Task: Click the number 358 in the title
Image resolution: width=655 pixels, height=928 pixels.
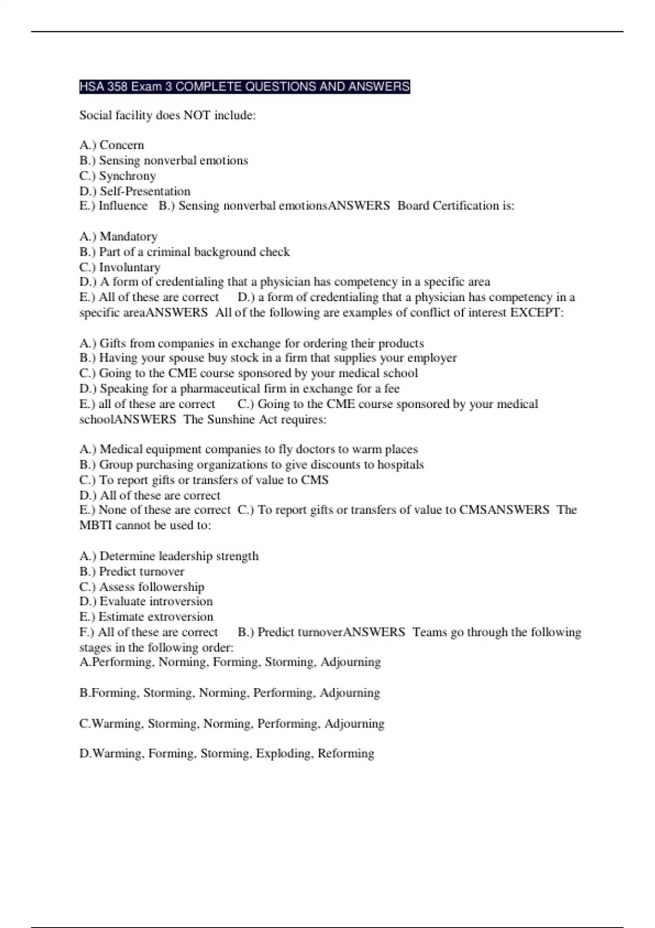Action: [116, 87]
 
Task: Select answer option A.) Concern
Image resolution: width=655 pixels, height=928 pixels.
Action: [112, 145]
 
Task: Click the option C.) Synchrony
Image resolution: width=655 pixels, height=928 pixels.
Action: [117, 176]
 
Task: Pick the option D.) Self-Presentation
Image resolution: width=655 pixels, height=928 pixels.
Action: [135, 191]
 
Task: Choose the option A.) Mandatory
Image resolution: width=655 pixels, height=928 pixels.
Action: [118, 236]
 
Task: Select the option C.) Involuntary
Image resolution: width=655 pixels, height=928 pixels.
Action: [120, 267]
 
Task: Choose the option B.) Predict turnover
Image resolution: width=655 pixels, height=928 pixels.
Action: [132, 572]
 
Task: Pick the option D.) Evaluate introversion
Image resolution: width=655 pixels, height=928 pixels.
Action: [146, 602]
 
